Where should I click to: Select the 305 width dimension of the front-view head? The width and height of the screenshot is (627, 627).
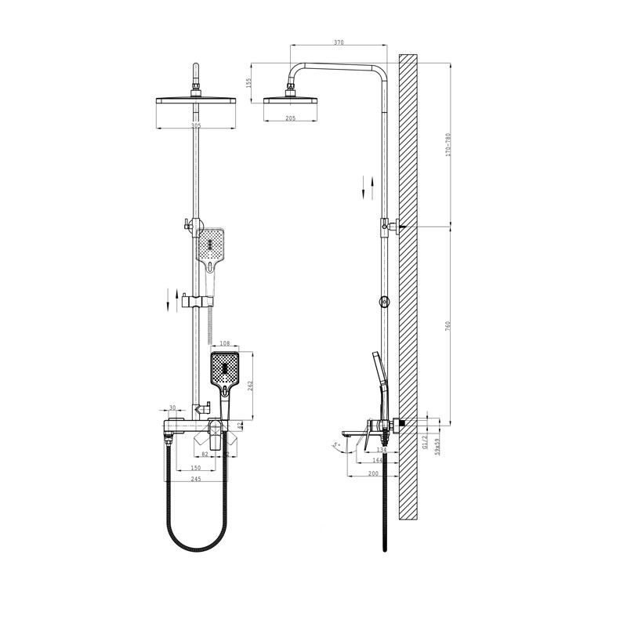[x=195, y=126]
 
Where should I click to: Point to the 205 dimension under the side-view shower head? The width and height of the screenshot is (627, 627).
[x=290, y=118]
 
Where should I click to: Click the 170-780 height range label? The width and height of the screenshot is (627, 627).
[x=448, y=145]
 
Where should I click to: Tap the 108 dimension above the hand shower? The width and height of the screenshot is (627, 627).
[x=225, y=343]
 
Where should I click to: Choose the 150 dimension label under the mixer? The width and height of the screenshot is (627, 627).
[x=195, y=468]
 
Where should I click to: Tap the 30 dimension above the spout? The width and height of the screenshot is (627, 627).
[x=172, y=408]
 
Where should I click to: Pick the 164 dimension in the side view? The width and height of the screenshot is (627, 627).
[x=379, y=462]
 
